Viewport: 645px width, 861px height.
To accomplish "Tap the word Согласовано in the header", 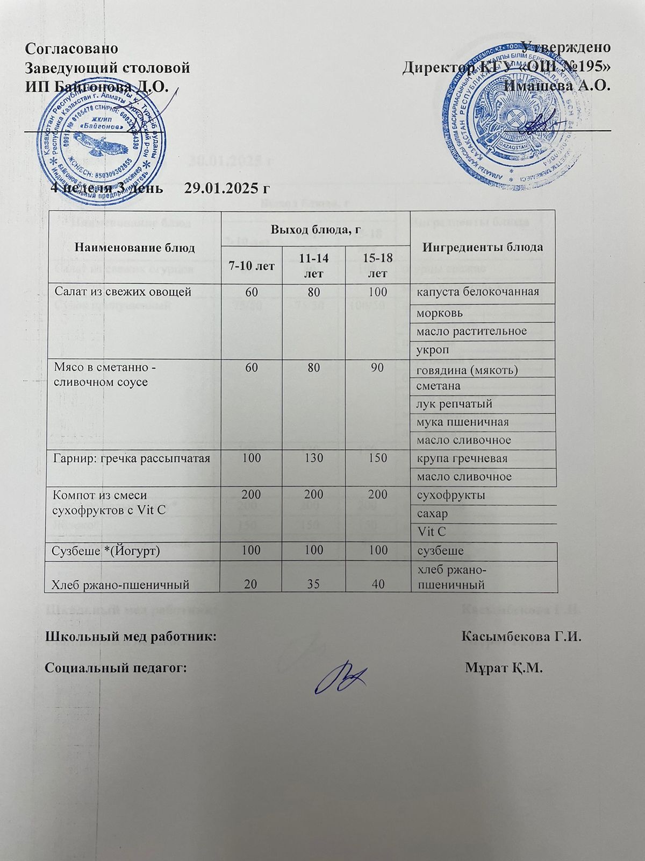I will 72,47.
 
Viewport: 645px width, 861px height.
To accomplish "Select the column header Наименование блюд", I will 134,248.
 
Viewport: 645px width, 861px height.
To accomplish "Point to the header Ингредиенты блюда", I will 483,247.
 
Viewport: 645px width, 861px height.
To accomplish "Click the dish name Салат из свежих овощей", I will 123,292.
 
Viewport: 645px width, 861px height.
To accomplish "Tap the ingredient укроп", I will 431,350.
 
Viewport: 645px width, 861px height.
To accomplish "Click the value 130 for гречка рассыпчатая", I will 313,458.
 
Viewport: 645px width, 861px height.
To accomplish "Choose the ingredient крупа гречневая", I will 462,458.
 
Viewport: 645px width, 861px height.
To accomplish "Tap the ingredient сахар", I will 432,514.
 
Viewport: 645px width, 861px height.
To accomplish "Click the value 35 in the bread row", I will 313,584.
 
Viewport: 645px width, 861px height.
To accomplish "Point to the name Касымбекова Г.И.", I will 522,637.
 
